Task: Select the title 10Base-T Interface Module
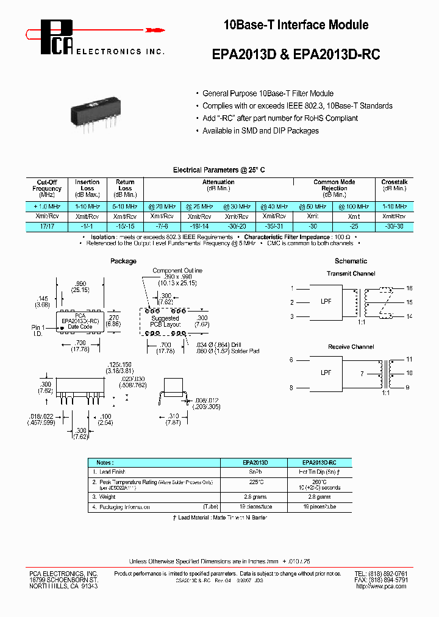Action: [296, 25]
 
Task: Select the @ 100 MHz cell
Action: [354, 207]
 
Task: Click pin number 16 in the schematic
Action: [409, 288]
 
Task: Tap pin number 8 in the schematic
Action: [291, 387]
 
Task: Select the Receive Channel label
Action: [351, 346]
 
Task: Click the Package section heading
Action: [123, 261]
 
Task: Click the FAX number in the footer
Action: [382, 580]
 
